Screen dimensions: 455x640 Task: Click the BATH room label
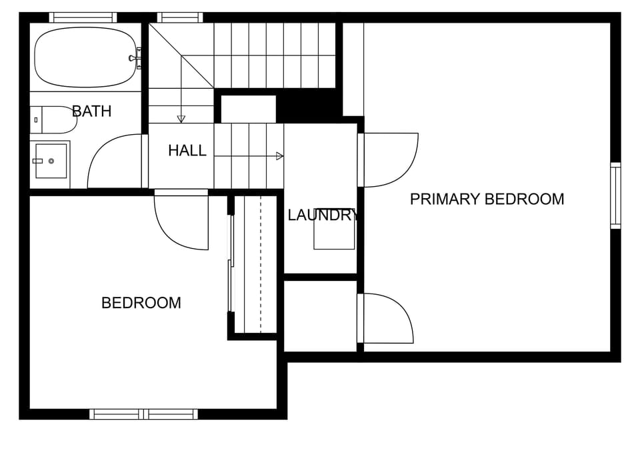click(91, 111)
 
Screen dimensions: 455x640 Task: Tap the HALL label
click(187, 151)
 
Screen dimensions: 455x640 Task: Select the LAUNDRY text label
click(323, 215)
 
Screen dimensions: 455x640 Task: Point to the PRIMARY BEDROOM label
click(487, 199)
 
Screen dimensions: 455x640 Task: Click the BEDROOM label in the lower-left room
click(141, 303)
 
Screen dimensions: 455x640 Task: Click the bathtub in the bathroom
click(85, 57)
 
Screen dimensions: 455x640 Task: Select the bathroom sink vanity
click(50, 161)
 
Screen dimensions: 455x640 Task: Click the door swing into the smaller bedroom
click(180, 223)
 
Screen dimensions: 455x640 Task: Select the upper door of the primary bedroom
click(390, 160)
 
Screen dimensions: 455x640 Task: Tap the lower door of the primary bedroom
click(387, 319)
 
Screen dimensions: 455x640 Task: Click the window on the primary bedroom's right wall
click(615, 195)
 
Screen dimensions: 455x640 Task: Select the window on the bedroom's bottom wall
click(144, 414)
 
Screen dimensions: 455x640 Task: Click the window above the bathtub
click(83, 17)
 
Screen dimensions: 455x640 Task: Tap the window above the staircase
click(180, 17)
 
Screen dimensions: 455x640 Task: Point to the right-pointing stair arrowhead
click(279, 156)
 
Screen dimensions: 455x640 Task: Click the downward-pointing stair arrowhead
click(181, 119)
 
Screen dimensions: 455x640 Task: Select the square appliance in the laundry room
click(334, 232)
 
